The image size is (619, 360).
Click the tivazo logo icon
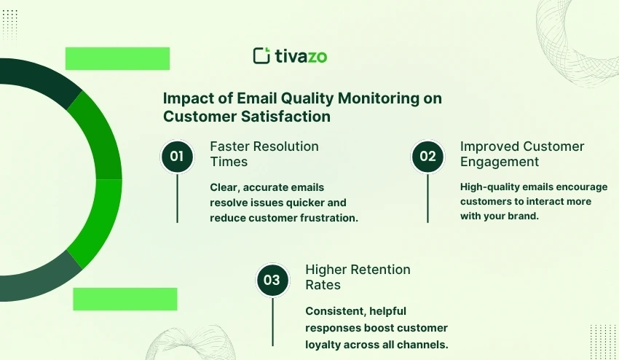(261, 55)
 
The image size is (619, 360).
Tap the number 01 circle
(177, 157)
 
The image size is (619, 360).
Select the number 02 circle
(427, 157)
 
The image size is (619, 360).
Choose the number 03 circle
(272, 280)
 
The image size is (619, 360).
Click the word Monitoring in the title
(379, 98)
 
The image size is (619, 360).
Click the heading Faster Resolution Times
(264, 154)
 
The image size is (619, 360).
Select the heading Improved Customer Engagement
(522, 154)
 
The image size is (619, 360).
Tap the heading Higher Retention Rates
(358, 277)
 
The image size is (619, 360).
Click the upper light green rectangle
(117, 58)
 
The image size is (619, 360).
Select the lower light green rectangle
(125, 299)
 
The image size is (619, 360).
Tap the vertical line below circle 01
(177, 198)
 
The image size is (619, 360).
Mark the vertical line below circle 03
(272, 321)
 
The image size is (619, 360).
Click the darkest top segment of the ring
(39, 78)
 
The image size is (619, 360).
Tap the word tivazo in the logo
(301, 56)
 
